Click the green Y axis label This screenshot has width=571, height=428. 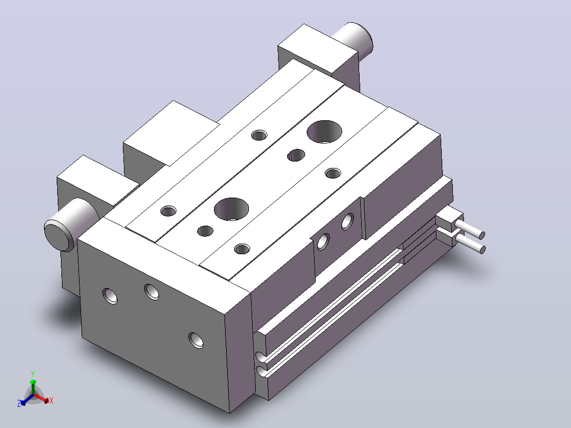[33, 374]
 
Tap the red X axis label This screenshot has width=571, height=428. [51, 400]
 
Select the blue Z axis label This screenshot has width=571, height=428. [19, 403]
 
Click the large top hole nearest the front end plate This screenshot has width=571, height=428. [231, 209]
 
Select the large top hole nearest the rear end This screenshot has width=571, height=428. [325, 131]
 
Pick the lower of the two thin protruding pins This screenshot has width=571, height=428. [470, 243]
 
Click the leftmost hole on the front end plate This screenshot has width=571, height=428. [110, 296]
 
